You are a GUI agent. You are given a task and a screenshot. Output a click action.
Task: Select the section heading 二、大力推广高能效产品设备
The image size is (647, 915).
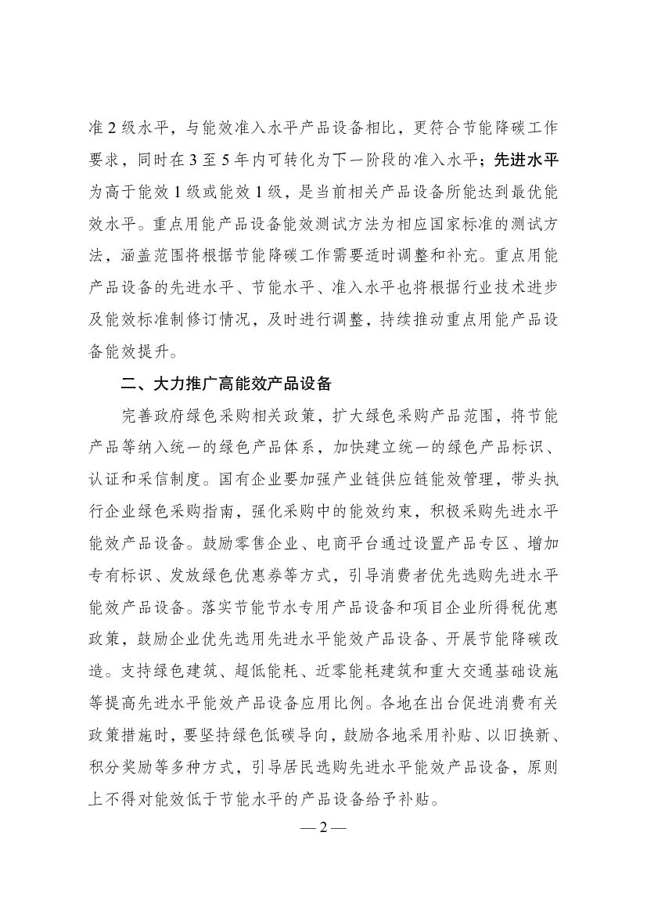point(222,384)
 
